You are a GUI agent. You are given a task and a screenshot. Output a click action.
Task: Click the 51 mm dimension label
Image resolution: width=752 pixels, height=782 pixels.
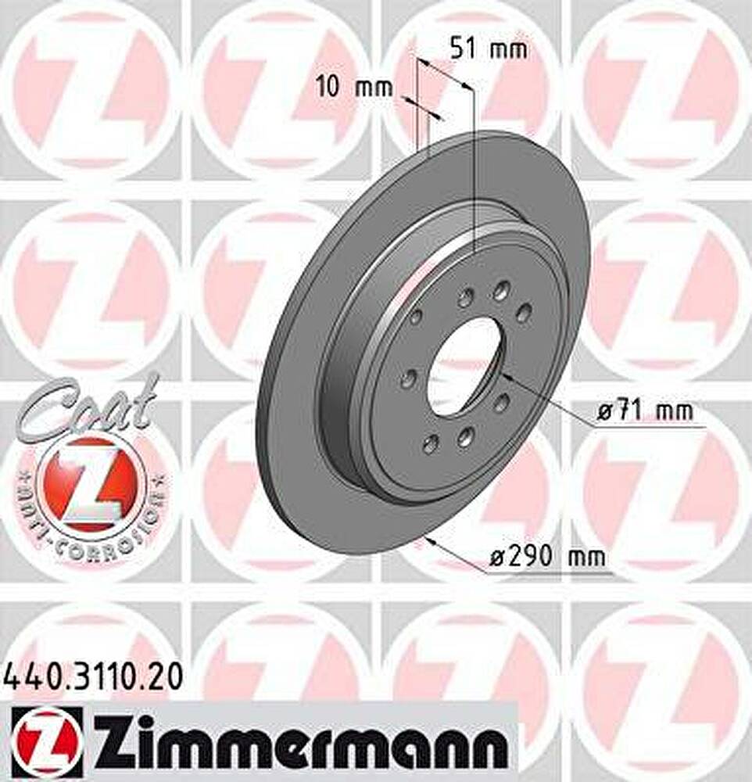489,49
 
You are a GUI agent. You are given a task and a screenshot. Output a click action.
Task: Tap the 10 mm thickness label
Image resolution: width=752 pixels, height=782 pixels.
355,88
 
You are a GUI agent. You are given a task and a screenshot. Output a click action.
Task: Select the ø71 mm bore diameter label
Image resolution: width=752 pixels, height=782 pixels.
645,411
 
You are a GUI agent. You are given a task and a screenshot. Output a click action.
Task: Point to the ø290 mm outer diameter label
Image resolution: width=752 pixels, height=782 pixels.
547,556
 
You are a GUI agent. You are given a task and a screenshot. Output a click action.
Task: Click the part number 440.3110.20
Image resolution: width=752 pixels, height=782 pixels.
93,679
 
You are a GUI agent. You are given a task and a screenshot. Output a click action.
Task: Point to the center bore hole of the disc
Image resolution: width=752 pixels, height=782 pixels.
466,369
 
